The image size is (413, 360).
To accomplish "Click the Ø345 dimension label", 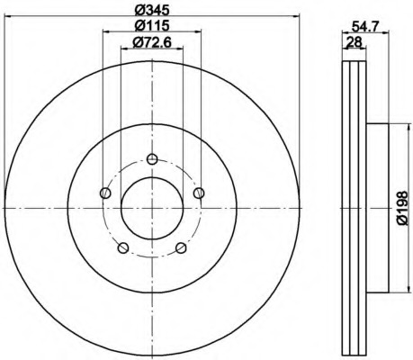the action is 152,10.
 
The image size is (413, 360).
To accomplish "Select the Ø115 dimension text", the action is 152,25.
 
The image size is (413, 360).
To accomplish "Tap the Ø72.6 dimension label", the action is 152,42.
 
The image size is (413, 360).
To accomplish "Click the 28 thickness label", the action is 354,41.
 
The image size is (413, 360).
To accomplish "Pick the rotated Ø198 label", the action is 402,208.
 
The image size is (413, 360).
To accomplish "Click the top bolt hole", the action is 152,159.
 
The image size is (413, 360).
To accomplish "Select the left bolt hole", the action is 105,193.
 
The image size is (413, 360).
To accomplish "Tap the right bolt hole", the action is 199,193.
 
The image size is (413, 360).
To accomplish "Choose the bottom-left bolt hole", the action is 123,248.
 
